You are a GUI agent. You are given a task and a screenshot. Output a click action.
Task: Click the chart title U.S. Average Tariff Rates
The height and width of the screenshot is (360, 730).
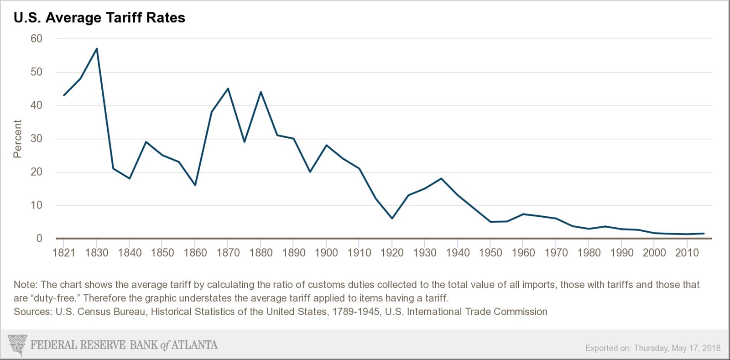(99, 18)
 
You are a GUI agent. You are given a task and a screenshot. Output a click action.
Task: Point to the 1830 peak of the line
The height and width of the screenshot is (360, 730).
(97, 49)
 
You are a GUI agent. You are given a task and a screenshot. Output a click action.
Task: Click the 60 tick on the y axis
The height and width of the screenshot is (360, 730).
(36, 39)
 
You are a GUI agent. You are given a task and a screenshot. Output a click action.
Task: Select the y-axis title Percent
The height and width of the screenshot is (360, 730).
(17, 139)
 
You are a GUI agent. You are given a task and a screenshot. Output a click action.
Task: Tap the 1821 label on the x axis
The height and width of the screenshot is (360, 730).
(64, 253)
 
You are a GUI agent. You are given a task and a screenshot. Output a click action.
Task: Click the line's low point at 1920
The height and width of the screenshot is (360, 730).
(392, 218)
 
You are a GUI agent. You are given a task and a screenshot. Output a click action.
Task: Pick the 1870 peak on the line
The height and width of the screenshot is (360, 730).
(228, 89)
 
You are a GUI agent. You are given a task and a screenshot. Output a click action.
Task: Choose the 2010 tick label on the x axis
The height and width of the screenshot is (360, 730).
(687, 253)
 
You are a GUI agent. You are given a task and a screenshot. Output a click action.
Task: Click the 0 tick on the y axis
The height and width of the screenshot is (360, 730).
(39, 238)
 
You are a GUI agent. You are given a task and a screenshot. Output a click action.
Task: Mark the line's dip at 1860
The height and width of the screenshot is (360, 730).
(195, 185)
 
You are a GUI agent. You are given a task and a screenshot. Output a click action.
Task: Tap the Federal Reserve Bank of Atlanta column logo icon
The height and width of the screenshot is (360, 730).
(17, 345)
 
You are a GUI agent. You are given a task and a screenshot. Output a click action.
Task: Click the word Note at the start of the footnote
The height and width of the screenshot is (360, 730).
(25, 285)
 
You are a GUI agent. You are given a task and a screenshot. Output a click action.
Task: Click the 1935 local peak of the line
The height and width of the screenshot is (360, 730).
(441, 178)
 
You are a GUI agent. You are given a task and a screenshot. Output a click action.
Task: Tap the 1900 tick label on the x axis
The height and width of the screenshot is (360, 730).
(326, 253)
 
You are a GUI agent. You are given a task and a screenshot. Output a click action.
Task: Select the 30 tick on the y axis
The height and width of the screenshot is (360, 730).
(36, 139)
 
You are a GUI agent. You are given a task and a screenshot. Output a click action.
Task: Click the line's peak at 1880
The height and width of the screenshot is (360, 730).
(261, 92)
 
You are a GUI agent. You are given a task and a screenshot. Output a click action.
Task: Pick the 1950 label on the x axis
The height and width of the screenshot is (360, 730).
(490, 253)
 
